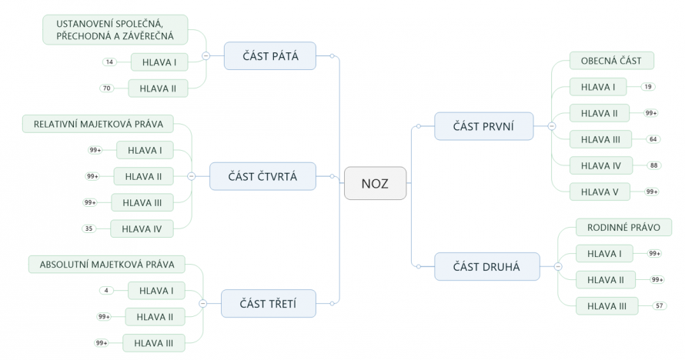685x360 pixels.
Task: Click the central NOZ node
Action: [375, 183]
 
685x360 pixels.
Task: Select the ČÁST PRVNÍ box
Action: [483, 125]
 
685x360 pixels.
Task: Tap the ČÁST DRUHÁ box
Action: [486, 267]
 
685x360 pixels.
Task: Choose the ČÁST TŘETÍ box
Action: [268, 303]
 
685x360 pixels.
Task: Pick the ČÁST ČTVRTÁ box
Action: [262, 176]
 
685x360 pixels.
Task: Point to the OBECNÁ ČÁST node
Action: [611, 61]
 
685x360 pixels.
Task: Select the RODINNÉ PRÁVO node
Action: [623, 227]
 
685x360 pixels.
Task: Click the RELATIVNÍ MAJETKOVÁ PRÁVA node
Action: [98, 124]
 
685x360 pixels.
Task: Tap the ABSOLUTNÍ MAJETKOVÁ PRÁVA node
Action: [107, 265]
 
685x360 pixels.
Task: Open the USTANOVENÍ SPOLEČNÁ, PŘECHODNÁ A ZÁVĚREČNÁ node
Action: [115, 29]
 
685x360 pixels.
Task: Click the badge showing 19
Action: [648, 87]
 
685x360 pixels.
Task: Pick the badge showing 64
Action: [653, 139]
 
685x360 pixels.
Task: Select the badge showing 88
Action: [654, 165]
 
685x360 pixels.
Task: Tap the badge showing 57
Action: [660, 305]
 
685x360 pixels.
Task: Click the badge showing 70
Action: [108, 88]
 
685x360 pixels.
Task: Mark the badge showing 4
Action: [106, 290]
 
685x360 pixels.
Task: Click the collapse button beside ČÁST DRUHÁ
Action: [557, 267]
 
